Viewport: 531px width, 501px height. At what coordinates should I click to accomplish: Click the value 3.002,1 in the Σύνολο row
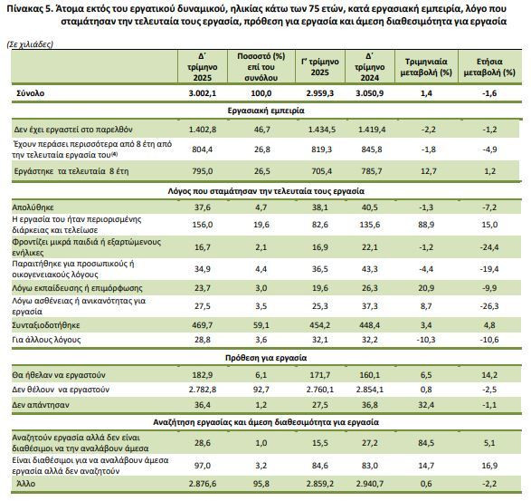click(x=202, y=93)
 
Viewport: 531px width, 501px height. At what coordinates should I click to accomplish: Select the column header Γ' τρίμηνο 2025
click(x=320, y=67)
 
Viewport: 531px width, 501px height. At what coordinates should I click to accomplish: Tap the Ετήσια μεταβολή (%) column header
click(x=489, y=67)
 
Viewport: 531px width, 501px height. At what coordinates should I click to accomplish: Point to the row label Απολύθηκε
click(x=33, y=207)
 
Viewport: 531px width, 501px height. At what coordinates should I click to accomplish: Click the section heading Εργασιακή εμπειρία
click(x=266, y=111)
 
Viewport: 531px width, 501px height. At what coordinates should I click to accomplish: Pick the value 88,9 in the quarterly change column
click(x=426, y=225)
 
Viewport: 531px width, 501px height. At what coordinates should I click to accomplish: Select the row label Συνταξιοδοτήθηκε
click(x=46, y=325)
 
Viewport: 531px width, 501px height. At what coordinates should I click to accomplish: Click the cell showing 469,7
click(x=202, y=325)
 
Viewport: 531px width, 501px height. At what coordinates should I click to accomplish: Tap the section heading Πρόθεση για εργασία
click(x=266, y=358)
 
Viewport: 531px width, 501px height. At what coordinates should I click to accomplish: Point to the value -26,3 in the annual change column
click(x=489, y=306)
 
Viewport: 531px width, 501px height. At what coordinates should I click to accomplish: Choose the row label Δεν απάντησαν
click(x=41, y=405)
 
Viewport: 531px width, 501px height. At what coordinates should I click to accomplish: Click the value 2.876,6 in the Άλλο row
click(x=202, y=484)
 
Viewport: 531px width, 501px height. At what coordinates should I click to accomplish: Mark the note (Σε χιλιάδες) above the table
click(x=30, y=44)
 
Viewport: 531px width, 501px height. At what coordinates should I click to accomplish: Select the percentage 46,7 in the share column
click(x=261, y=130)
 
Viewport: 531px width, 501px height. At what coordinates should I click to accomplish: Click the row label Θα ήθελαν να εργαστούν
click(x=59, y=375)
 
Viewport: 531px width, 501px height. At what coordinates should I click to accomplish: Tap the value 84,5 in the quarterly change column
click(x=426, y=443)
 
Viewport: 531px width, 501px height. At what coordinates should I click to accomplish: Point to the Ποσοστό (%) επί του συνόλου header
click(x=261, y=67)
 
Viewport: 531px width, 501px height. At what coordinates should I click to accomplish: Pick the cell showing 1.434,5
click(x=322, y=130)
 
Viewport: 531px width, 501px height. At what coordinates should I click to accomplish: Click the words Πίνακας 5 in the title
click(x=28, y=9)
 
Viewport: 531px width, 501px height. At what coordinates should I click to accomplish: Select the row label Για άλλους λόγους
click(x=46, y=340)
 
